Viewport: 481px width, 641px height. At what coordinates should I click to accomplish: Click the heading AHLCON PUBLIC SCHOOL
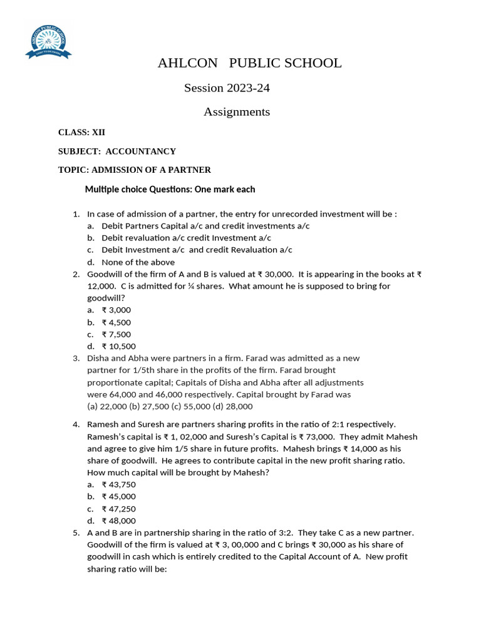(249, 63)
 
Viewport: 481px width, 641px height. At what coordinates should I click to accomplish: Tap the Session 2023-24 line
(227, 88)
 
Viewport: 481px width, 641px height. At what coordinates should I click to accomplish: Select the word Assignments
(237, 112)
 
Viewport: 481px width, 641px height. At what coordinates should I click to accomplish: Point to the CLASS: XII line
(82, 132)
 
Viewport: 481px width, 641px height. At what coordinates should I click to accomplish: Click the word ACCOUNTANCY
(141, 151)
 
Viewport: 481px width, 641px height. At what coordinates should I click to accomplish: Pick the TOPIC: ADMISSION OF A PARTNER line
(135, 170)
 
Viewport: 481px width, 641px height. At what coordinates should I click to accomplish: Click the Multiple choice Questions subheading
(170, 189)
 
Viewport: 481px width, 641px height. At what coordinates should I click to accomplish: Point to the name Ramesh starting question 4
(102, 424)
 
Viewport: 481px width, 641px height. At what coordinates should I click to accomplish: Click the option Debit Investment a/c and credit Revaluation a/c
(197, 250)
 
